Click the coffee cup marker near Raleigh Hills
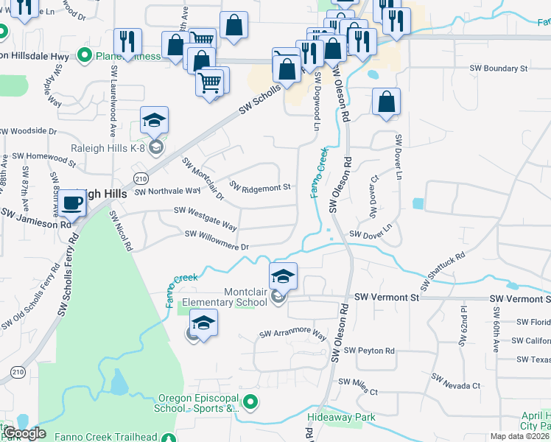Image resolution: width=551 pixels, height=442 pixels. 73,203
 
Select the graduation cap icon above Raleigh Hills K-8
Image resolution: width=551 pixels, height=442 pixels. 155,120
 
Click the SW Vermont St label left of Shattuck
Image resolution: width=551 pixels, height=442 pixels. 386,297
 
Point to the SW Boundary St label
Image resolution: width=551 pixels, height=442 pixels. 499,69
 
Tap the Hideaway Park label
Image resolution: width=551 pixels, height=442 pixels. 341,418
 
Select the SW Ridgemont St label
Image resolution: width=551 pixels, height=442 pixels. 261,188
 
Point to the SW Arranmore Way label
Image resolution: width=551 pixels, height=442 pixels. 292,335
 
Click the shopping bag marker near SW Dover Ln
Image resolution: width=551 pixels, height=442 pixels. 386,104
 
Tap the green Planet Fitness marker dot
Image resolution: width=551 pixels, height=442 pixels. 84,55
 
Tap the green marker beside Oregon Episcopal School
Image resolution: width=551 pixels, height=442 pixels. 251,402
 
